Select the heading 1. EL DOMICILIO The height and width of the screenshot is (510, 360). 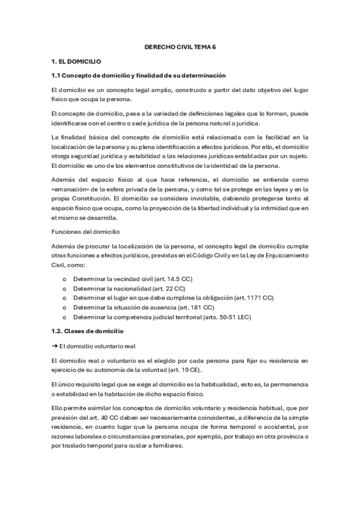point(76,61)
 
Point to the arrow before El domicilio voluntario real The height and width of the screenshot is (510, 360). point(55,346)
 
